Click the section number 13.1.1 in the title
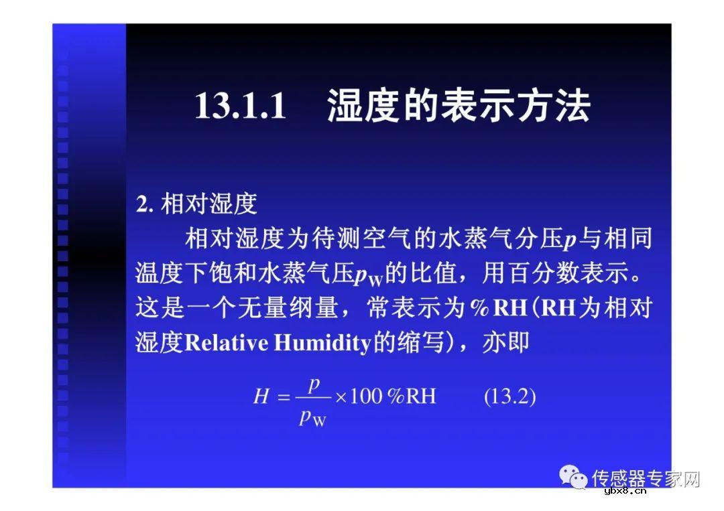click(x=241, y=106)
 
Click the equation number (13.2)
click(x=509, y=396)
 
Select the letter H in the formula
click(x=261, y=396)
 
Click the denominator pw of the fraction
click(x=312, y=419)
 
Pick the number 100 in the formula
click(x=366, y=396)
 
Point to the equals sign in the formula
click(x=283, y=397)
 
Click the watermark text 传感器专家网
click(x=646, y=478)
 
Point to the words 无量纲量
click(x=293, y=308)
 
